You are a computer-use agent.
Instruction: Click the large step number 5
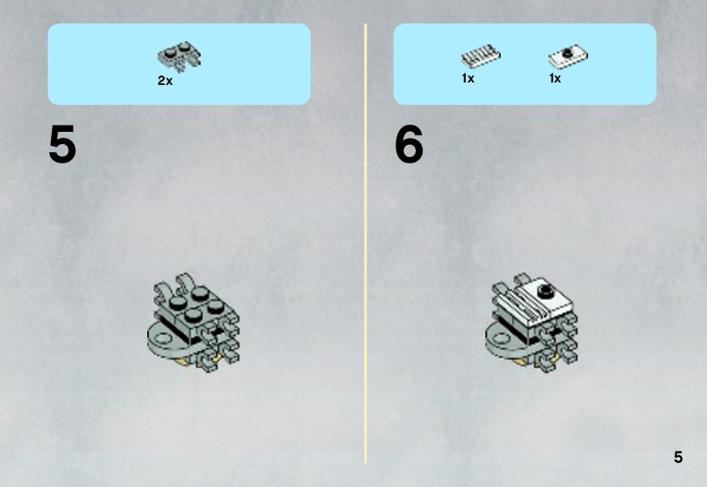62,144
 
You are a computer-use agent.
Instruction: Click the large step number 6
409,144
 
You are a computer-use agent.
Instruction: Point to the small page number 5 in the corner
678,457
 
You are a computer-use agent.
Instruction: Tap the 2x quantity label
165,81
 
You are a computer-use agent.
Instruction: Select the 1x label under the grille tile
468,78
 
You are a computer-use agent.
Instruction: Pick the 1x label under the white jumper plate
555,78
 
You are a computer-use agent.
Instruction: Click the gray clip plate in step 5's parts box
180,57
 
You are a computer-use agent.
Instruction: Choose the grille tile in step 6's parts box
481,57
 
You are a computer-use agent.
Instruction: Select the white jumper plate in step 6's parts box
568,57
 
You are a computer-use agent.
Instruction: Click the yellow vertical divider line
366,243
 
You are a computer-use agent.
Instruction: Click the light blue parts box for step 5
179,64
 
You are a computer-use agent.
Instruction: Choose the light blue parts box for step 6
525,64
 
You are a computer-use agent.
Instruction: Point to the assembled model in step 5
193,323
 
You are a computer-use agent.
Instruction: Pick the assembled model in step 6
531,323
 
